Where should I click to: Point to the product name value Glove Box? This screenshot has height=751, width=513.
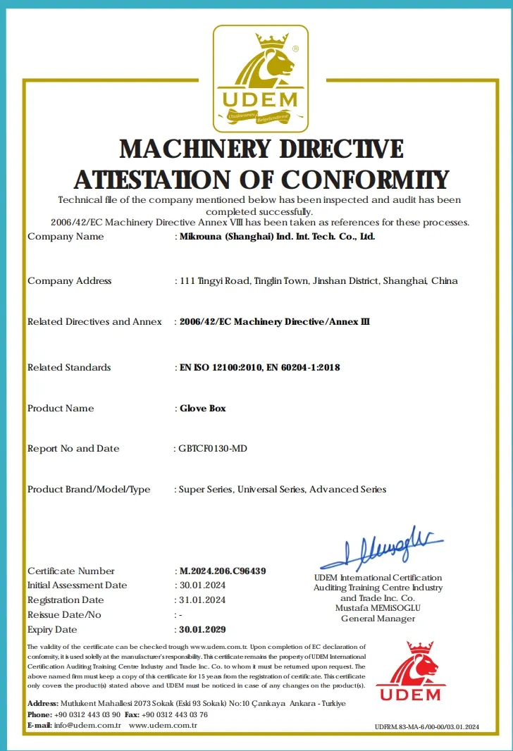point(203,409)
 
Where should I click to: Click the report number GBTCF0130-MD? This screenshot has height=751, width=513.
point(213,449)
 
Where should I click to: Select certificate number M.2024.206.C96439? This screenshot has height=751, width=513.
point(223,571)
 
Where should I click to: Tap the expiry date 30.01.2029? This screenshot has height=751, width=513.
point(203,629)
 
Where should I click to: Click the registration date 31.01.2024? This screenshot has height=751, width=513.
point(203,600)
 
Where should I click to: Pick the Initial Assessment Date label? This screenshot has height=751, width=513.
point(78,585)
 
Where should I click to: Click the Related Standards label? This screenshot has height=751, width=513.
point(69,368)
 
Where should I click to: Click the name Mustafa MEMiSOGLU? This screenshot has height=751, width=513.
point(378,608)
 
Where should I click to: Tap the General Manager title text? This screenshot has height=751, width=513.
point(378,619)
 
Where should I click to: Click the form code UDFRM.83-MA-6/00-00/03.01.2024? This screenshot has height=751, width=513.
point(427,726)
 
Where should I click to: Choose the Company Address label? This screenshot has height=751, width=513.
point(70,281)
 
